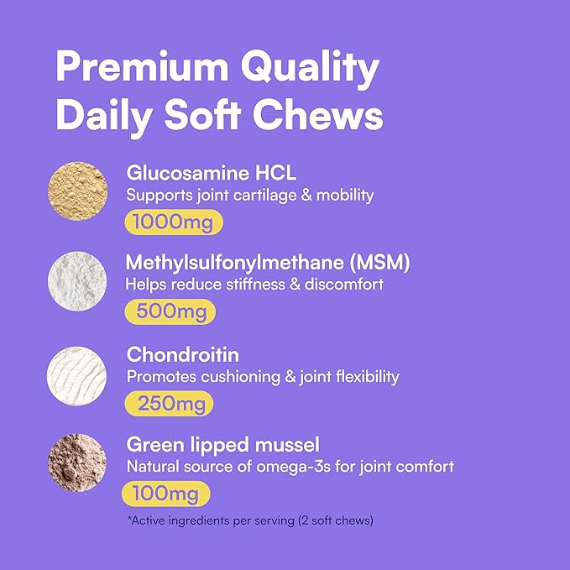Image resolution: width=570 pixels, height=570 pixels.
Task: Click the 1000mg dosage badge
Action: pyautogui.click(x=175, y=222)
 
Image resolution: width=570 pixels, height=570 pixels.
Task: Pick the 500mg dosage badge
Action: pyautogui.click(x=170, y=312)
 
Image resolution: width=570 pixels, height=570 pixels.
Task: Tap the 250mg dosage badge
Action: pyautogui.click(x=169, y=403)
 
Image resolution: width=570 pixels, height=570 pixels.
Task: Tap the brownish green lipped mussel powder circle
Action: pyautogui.click(x=78, y=463)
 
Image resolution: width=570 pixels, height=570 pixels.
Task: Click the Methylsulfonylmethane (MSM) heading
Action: pyautogui.click(x=268, y=264)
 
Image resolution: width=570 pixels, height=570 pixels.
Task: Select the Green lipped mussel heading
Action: pyautogui.click(x=222, y=444)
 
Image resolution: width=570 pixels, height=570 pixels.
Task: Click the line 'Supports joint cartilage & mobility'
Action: pyautogui.click(x=249, y=196)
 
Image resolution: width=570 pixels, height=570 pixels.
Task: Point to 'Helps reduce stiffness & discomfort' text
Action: pyautogui.click(x=254, y=285)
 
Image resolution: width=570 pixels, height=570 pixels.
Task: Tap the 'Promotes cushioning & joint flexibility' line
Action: pyautogui.click(x=263, y=376)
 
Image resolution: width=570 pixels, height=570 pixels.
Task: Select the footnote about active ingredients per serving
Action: pyautogui.click(x=250, y=520)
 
